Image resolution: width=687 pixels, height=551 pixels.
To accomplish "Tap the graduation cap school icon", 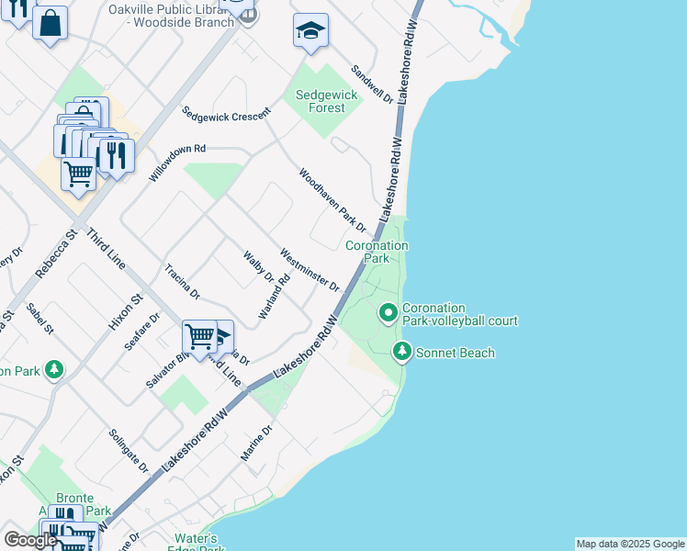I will [310, 31].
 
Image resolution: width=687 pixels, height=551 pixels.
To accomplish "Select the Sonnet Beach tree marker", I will [401, 352].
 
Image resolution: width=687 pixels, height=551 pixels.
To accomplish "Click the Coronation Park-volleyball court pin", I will [389, 314].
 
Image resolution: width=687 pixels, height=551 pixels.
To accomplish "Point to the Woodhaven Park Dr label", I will [332, 200].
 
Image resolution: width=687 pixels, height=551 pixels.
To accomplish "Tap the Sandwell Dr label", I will [373, 84].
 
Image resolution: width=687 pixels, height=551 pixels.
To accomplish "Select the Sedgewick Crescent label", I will [226, 115].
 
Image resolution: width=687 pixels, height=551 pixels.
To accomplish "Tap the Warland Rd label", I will [274, 297].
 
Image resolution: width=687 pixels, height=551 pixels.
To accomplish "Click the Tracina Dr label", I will [182, 283].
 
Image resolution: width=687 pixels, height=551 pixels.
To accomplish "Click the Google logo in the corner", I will [29, 540].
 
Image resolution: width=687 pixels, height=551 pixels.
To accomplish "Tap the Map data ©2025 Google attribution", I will [629, 544].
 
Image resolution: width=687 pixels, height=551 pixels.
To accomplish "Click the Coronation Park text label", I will [377, 253].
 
